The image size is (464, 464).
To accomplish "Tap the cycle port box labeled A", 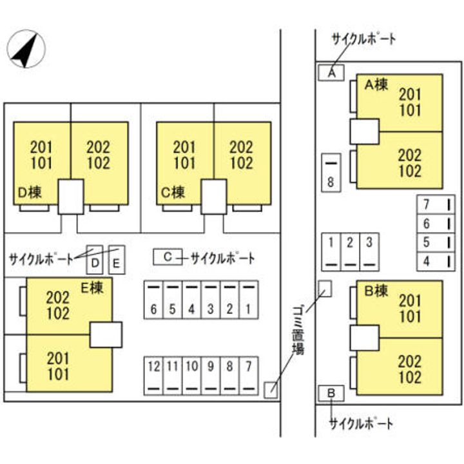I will pyautogui.click(x=331, y=73).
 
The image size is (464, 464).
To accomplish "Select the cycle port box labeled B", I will pyautogui.click(x=331, y=393).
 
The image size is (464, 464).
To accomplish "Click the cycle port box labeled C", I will pyautogui.click(x=167, y=257).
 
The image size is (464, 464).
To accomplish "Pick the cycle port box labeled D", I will pyautogui.click(x=95, y=260).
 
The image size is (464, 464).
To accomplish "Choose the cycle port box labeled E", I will pyautogui.click(x=116, y=260).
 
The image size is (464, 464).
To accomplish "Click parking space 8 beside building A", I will pyautogui.click(x=331, y=173).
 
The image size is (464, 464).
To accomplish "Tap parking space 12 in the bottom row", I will pyautogui.click(x=153, y=375).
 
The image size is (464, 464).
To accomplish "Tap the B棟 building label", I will pyautogui.click(x=376, y=291).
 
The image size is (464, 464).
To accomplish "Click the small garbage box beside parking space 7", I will pyautogui.click(x=271, y=389).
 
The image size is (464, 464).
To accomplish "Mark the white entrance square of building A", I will pyautogui.click(x=364, y=131).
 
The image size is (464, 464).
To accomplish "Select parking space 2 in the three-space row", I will pyautogui.click(x=350, y=251).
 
